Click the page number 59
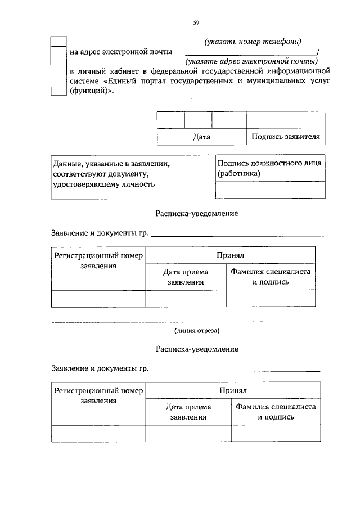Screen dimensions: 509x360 (196, 22)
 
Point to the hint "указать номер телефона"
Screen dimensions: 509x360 (253, 42)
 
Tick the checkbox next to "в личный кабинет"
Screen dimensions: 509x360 (58, 82)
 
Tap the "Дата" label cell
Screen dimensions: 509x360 (201, 137)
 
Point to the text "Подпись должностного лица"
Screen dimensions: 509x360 (269, 164)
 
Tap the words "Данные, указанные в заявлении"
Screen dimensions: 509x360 (111, 164)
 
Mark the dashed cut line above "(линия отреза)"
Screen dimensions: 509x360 (157, 321)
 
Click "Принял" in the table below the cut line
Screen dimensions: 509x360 (233, 390)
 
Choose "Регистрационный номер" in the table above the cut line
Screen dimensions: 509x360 (98, 256)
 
